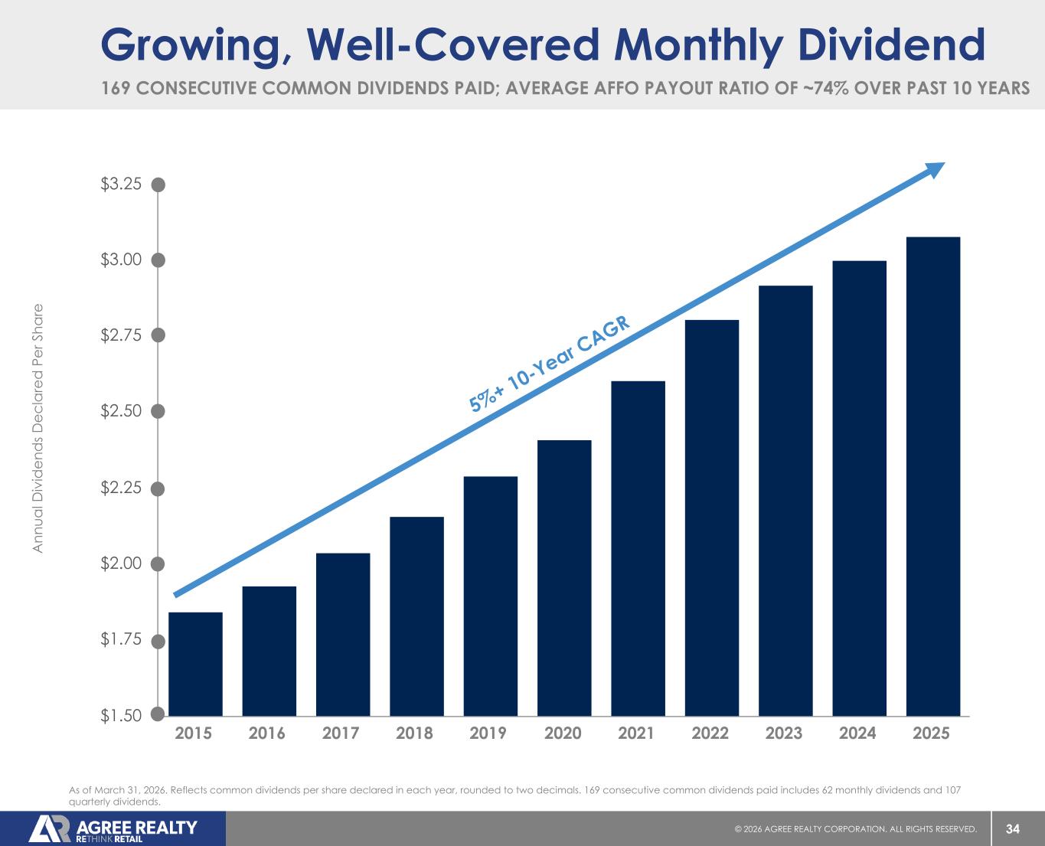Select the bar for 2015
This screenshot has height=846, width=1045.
pyautogui.click(x=195, y=664)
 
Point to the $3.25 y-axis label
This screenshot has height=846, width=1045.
pyautogui.click(x=122, y=184)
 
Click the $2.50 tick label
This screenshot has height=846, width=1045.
pyautogui.click(x=122, y=410)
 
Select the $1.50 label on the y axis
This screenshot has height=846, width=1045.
pyautogui.click(x=122, y=715)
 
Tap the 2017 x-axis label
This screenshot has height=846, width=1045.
pyautogui.click(x=341, y=733)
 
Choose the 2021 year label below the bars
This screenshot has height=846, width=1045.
pyautogui.click(x=636, y=733)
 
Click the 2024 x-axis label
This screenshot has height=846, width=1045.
pyautogui.click(x=857, y=733)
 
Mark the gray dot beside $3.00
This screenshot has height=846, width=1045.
pyautogui.click(x=158, y=260)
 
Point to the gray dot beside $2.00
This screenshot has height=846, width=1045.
pyautogui.click(x=158, y=564)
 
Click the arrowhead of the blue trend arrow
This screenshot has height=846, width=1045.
pyautogui.click(x=936, y=169)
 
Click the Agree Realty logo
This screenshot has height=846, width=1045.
pyautogui.click(x=113, y=829)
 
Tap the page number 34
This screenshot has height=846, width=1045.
pyautogui.click(x=1013, y=829)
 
